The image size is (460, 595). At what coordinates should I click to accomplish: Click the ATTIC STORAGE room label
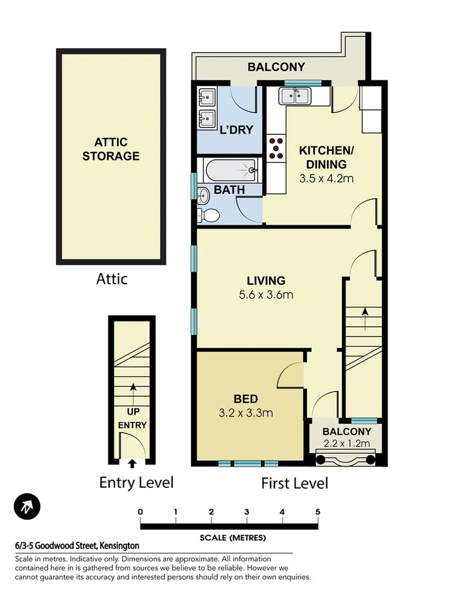pyautogui.click(x=111, y=149)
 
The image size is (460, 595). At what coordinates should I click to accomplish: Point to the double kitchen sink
pyautogui.click(x=295, y=97)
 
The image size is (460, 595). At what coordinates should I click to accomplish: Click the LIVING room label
pyautogui.click(x=266, y=280)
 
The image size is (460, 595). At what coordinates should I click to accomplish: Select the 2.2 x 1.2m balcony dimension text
pyautogui.click(x=347, y=444)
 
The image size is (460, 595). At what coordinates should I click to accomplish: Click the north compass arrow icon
pyautogui.click(x=27, y=507)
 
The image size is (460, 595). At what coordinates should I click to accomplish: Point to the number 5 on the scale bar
pyautogui.click(x=317, y=512)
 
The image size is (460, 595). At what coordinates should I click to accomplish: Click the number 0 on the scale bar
pyautogui.click(x=140, y=512)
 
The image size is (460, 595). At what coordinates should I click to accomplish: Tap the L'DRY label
pyautogui.click(x=236, y=130)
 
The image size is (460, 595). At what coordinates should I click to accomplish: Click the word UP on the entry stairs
pyautogui.click(x=133, y=411)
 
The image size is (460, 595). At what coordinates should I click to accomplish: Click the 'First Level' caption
pyautogui.click(x=294, y=483)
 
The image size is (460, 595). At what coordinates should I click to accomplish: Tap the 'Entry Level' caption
pyautogui.click(x=136, y=482)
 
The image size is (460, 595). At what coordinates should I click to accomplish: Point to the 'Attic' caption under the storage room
pyautogui.click(x=112, y=279)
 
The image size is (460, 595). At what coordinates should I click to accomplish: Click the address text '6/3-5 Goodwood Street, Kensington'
pyautogui.click(x=77, y=546)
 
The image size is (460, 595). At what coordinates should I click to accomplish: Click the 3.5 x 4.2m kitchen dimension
pyautogui.click(x=326, y=178)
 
